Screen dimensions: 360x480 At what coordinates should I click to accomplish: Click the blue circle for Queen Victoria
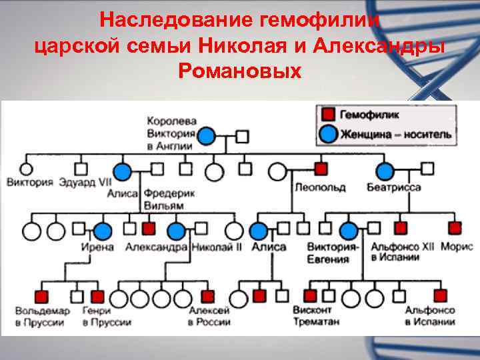coord(207,136)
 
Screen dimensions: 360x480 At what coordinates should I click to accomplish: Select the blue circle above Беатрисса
coord(385,171)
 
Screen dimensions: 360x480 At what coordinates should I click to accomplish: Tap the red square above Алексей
coord(207,296)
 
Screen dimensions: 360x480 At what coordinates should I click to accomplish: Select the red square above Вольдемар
coord(42,296)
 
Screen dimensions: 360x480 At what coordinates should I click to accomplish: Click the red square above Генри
coord(97,296)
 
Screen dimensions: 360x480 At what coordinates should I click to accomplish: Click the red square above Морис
coord(455,228)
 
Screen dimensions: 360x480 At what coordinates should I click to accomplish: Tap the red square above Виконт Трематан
coord(310,296)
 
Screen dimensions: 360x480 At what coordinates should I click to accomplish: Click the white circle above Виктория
coord(27,168)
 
